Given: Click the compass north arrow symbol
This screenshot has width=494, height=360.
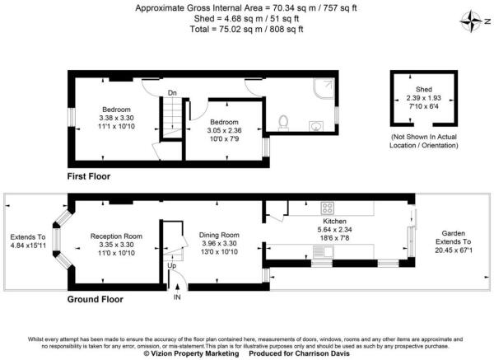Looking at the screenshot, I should [x=472, y=21].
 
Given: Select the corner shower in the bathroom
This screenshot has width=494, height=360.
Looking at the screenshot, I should [x=324, y=88].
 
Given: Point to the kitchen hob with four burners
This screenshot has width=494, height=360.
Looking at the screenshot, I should [x=327, y=208].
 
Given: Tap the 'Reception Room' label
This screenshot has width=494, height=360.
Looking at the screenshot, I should [x=116, y=236].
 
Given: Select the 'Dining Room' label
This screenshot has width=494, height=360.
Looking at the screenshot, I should [x=219, y=236].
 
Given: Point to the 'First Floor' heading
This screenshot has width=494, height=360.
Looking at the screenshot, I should [x=89, y=176].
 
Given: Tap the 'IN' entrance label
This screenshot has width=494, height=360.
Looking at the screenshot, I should [x=176, y=297].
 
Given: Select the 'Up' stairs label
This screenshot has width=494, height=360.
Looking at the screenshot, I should [x=171, y=266].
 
